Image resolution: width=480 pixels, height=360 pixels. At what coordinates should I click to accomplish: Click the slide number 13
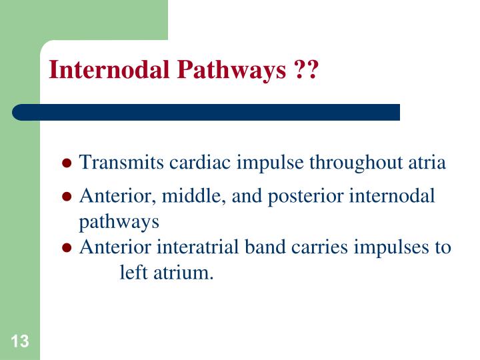(20, 343)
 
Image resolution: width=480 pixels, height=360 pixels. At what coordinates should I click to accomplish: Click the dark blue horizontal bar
(207, 112)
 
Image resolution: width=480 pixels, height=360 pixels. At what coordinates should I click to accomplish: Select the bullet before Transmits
(67, 164)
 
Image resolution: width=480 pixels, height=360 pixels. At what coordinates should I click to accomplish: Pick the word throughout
(351, 163)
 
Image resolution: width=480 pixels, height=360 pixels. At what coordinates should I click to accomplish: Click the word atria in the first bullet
(427, 163)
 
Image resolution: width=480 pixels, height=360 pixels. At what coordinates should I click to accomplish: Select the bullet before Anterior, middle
(67, 197)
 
